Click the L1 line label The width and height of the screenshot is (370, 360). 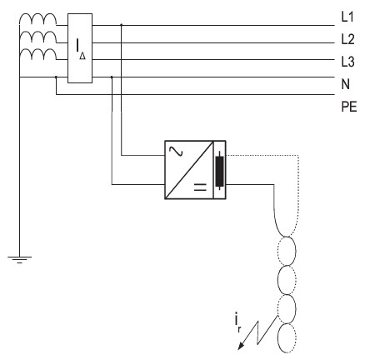point(347,17)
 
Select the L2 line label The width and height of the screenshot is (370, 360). point(347,39)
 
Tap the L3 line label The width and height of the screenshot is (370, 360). point(347,62)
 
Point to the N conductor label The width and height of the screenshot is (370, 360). point(346,84)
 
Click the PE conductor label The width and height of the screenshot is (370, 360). point(349,107)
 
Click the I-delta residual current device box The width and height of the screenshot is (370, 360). point(80,48)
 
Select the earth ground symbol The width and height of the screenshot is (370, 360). point(19,259)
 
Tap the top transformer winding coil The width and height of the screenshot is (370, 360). point(37,19)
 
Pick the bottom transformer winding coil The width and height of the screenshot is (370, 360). point(37,54)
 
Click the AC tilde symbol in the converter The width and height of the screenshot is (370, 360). point(176,152)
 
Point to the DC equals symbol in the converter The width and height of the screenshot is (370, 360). point(200,187)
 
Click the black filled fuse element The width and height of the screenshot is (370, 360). point(219,171)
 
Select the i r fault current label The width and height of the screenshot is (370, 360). point(237,322)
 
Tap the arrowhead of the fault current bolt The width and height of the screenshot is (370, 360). point(241,346)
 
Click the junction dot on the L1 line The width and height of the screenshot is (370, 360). point(121,25)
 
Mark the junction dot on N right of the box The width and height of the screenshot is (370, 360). point(112,77)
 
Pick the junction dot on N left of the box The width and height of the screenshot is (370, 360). point(56,77)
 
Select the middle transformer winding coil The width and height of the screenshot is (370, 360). point(37,37)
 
